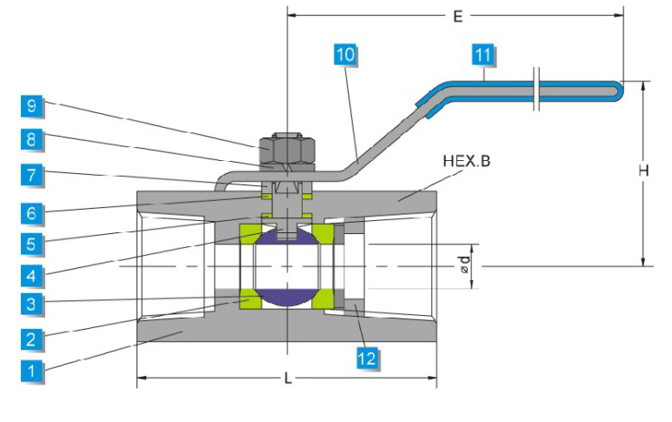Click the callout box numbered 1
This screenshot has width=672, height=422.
tap(32, 371)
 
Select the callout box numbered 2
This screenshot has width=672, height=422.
tap(32, 338)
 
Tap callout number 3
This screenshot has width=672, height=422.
tap(32, 305)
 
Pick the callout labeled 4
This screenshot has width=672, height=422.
tap(32, 273)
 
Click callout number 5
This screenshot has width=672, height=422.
tap(32, 242)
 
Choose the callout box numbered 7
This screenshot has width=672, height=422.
tap(32, 174)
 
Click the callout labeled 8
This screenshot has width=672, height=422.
tap(32, 139)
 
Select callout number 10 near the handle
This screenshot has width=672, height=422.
tap(345, 55)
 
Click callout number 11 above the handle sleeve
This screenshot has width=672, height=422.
tap(483, 55)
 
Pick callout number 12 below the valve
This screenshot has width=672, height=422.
tap(369, 357)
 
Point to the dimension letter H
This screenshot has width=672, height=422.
tap(643, 171)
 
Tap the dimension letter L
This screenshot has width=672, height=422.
tap(287, 378)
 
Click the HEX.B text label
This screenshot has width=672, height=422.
tap(466, 161)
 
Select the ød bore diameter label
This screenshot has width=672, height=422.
tap(466, 265)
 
